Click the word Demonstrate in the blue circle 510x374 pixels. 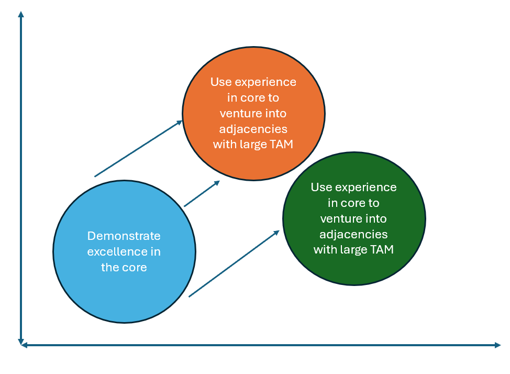(124, 236)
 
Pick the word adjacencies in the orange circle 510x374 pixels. (253, 129)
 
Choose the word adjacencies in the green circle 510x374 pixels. (354, 234)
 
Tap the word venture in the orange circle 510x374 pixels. (239, 114)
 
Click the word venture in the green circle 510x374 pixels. (339, 218)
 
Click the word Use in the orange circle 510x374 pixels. (220, 82)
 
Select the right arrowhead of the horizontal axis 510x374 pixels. (497, 345)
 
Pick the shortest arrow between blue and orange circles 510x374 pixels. (202, 194)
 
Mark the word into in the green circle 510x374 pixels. (377, 218)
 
